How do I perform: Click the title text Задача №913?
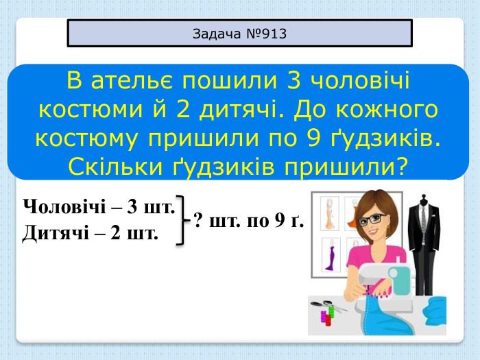(239, 33)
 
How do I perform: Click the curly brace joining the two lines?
(183, 219)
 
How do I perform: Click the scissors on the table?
(320, 303)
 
